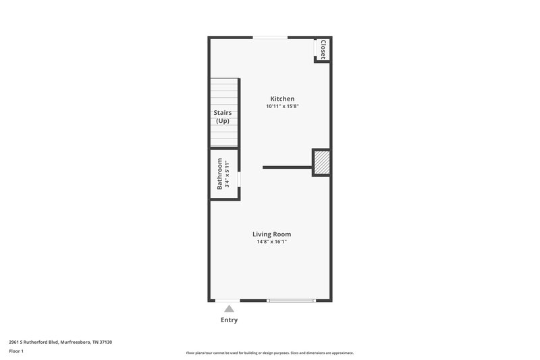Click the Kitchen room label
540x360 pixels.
click(282, 99)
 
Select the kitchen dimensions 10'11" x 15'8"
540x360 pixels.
click(282, 107)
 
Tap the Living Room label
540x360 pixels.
click(272, 234)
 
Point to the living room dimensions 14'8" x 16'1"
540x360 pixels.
click(272, 242)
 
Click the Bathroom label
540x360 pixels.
click(219, 174)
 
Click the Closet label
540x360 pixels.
click(323, 49)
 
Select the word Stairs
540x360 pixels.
click(223, 113)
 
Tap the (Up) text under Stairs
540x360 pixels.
click(223, 122)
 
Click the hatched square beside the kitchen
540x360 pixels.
click(321, 162)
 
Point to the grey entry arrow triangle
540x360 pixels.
click(229, 309)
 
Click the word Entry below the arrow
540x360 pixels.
click(229, 320)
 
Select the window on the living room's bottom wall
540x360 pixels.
click(291, 300)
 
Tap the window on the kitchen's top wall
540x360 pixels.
click(268, 37)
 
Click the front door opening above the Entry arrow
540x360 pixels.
click(228, 300)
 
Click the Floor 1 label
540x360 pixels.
click(16, 352)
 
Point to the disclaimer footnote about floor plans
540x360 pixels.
click(269, 353)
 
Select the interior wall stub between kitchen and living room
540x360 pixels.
click(287, 167)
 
